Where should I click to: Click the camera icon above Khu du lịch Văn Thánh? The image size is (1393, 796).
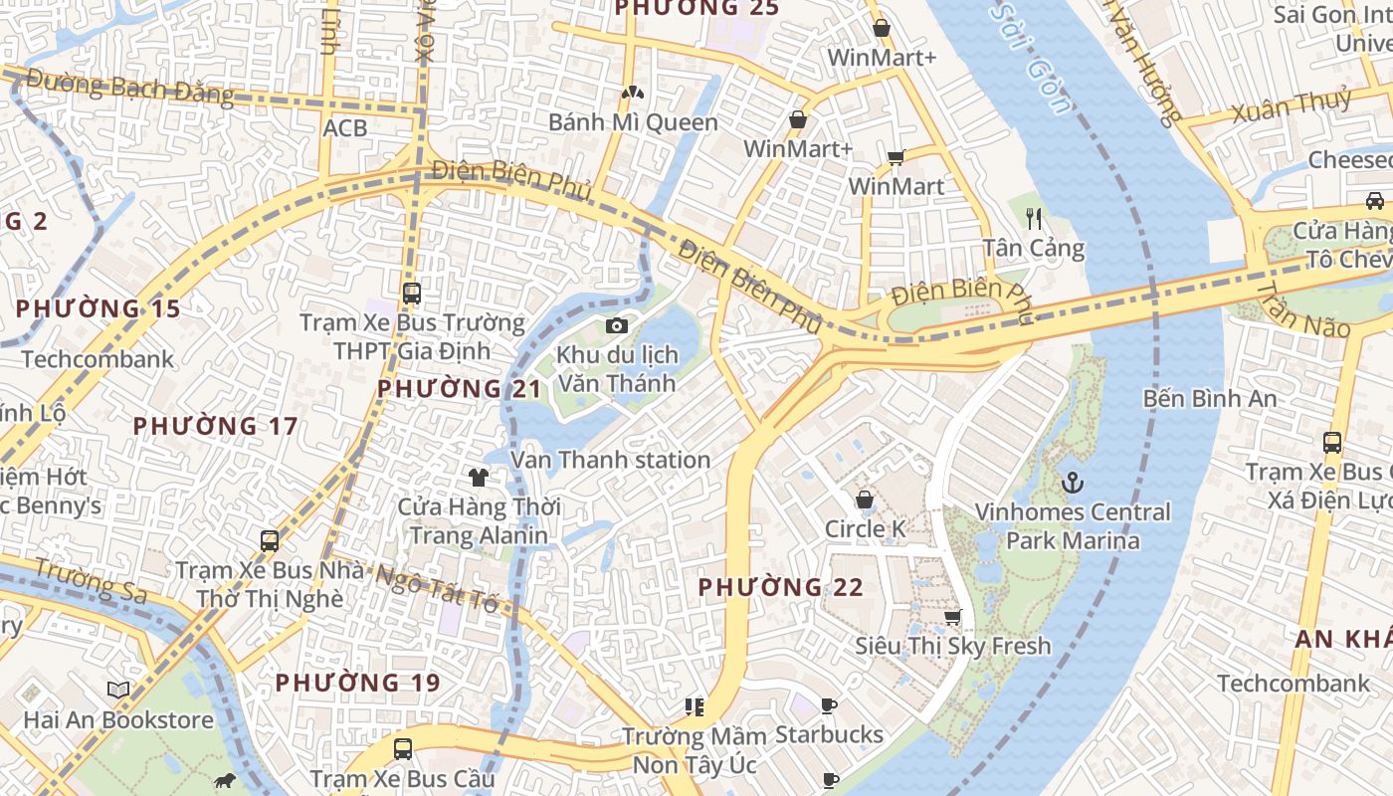click(617, 325)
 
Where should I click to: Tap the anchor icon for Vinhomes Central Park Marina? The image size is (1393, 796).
click(1073, 484)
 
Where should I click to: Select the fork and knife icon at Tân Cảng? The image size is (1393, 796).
click(1034, 219)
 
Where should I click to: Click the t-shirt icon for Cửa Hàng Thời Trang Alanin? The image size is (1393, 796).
click(479, 477)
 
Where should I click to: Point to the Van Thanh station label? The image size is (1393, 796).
click(610, 460)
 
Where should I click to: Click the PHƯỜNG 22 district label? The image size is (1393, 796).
click(780, 587)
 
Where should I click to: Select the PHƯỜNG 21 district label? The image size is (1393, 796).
click(459, 388)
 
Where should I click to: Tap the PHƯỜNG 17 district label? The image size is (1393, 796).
click(215, 426)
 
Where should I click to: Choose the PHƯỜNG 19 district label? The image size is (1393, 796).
click(357, 683)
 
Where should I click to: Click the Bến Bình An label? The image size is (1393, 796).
click(1209, 399)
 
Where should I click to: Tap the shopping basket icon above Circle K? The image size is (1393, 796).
click(865, 499)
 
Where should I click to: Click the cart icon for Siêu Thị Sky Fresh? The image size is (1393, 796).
click(952, 618)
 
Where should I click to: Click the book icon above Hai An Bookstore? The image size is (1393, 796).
click(118, 690)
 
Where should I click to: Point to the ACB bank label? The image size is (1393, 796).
click(344, 127)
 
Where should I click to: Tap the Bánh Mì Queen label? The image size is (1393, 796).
click(633, 122)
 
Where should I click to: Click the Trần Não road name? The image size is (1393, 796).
click(1302, 308)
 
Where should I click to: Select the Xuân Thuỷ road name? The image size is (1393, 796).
click(1292, 105)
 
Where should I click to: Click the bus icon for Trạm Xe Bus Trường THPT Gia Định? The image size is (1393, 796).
click(412, 294)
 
